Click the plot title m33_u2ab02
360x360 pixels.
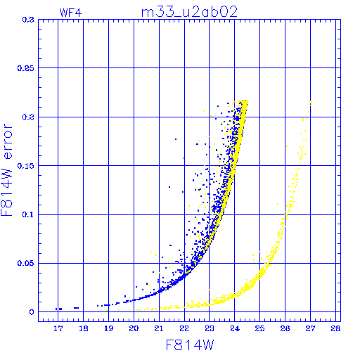(189, 12)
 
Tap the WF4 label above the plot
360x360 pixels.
(70, 13)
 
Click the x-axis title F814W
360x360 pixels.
(190, 345)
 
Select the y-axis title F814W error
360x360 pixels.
(6, 170)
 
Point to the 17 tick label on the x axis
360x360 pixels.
(58, 328)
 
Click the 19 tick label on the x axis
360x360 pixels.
(108, 328)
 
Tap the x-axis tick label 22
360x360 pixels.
(184, 328)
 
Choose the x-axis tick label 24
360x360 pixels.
(235, 328)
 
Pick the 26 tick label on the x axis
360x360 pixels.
(285, 328)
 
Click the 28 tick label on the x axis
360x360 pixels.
(335, 328)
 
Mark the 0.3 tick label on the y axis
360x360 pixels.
(28, 20)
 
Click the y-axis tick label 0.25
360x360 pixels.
(26, 68)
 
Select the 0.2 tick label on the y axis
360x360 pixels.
(28, 117)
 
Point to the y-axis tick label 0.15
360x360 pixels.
(26, 166)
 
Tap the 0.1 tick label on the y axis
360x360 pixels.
(28, 214)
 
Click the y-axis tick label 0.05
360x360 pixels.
(26, 263)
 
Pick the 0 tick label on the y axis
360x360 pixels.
(32, 312)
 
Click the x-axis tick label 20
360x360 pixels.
(134, 328)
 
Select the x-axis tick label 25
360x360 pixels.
(259, 328)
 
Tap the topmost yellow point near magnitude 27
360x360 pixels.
(311, 102)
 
